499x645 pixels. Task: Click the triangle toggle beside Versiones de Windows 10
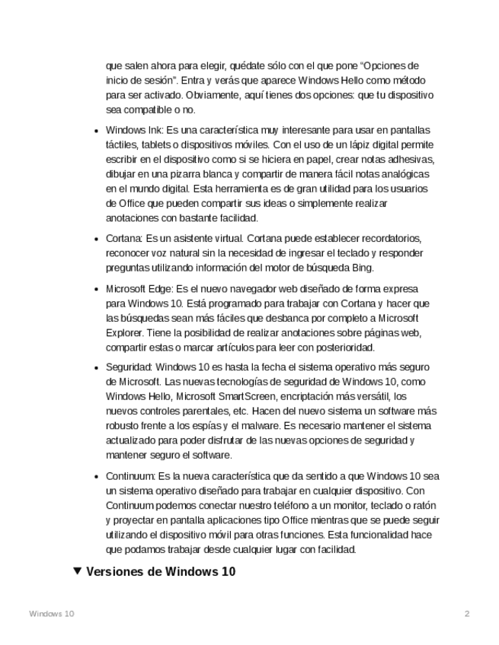77,571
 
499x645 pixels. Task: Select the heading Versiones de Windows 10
161,572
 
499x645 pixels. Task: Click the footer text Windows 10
52,614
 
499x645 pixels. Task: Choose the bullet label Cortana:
123,239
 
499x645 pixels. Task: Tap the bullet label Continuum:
130,477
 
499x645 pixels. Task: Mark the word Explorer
124,333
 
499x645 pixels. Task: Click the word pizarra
181,174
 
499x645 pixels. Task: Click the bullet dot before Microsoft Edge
96,290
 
